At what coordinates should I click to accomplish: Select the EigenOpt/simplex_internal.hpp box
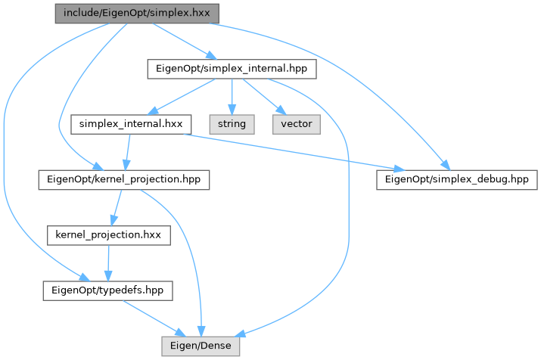pyautogui.click(x=230, y=69)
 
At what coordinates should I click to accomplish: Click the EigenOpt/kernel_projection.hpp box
pyautogui.click(x=124, y=179)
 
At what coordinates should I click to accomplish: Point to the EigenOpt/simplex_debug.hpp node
pyautogui.click(x=456, y=179)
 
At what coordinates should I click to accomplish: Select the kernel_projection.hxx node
pyautogui.click(x=108, y=234)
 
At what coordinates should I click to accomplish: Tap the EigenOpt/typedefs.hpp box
pyautogui.click(x=107, y=290)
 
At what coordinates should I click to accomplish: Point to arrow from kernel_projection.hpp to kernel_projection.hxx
pyautogui.click(x=117, y=206)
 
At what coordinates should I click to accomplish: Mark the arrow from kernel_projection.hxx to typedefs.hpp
pyautogui.click(x=108, y=262)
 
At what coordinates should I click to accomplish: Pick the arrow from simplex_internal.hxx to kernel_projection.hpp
pyautogui.click(x=127, y=151)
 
